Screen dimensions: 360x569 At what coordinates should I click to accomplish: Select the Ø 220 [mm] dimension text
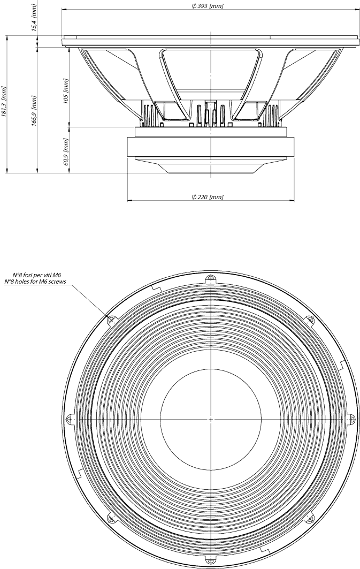pyautogui.click(x=207, y=196)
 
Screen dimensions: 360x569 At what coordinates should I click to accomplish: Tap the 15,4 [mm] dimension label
pyautogui.click(x=34, y=19)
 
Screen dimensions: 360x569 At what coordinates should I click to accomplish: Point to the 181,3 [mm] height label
pyautogui.click(x=4, y=102)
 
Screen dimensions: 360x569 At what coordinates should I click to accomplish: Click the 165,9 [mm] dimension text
pyautogui.click(x=34, y=110)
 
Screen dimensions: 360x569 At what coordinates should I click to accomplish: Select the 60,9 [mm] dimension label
pyautogui.click(x=66, y=151)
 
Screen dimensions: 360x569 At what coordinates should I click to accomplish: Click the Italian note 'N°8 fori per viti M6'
pyautogui.click(x=35, y=276)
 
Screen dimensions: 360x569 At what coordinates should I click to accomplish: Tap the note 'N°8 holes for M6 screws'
pyautogui.click(x=35, y=281)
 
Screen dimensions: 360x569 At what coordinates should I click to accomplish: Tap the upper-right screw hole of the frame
pyautogui.click(x=310, y=320)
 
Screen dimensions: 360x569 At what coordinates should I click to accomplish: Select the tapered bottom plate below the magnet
pyautogui.click(x=211, y=165)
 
